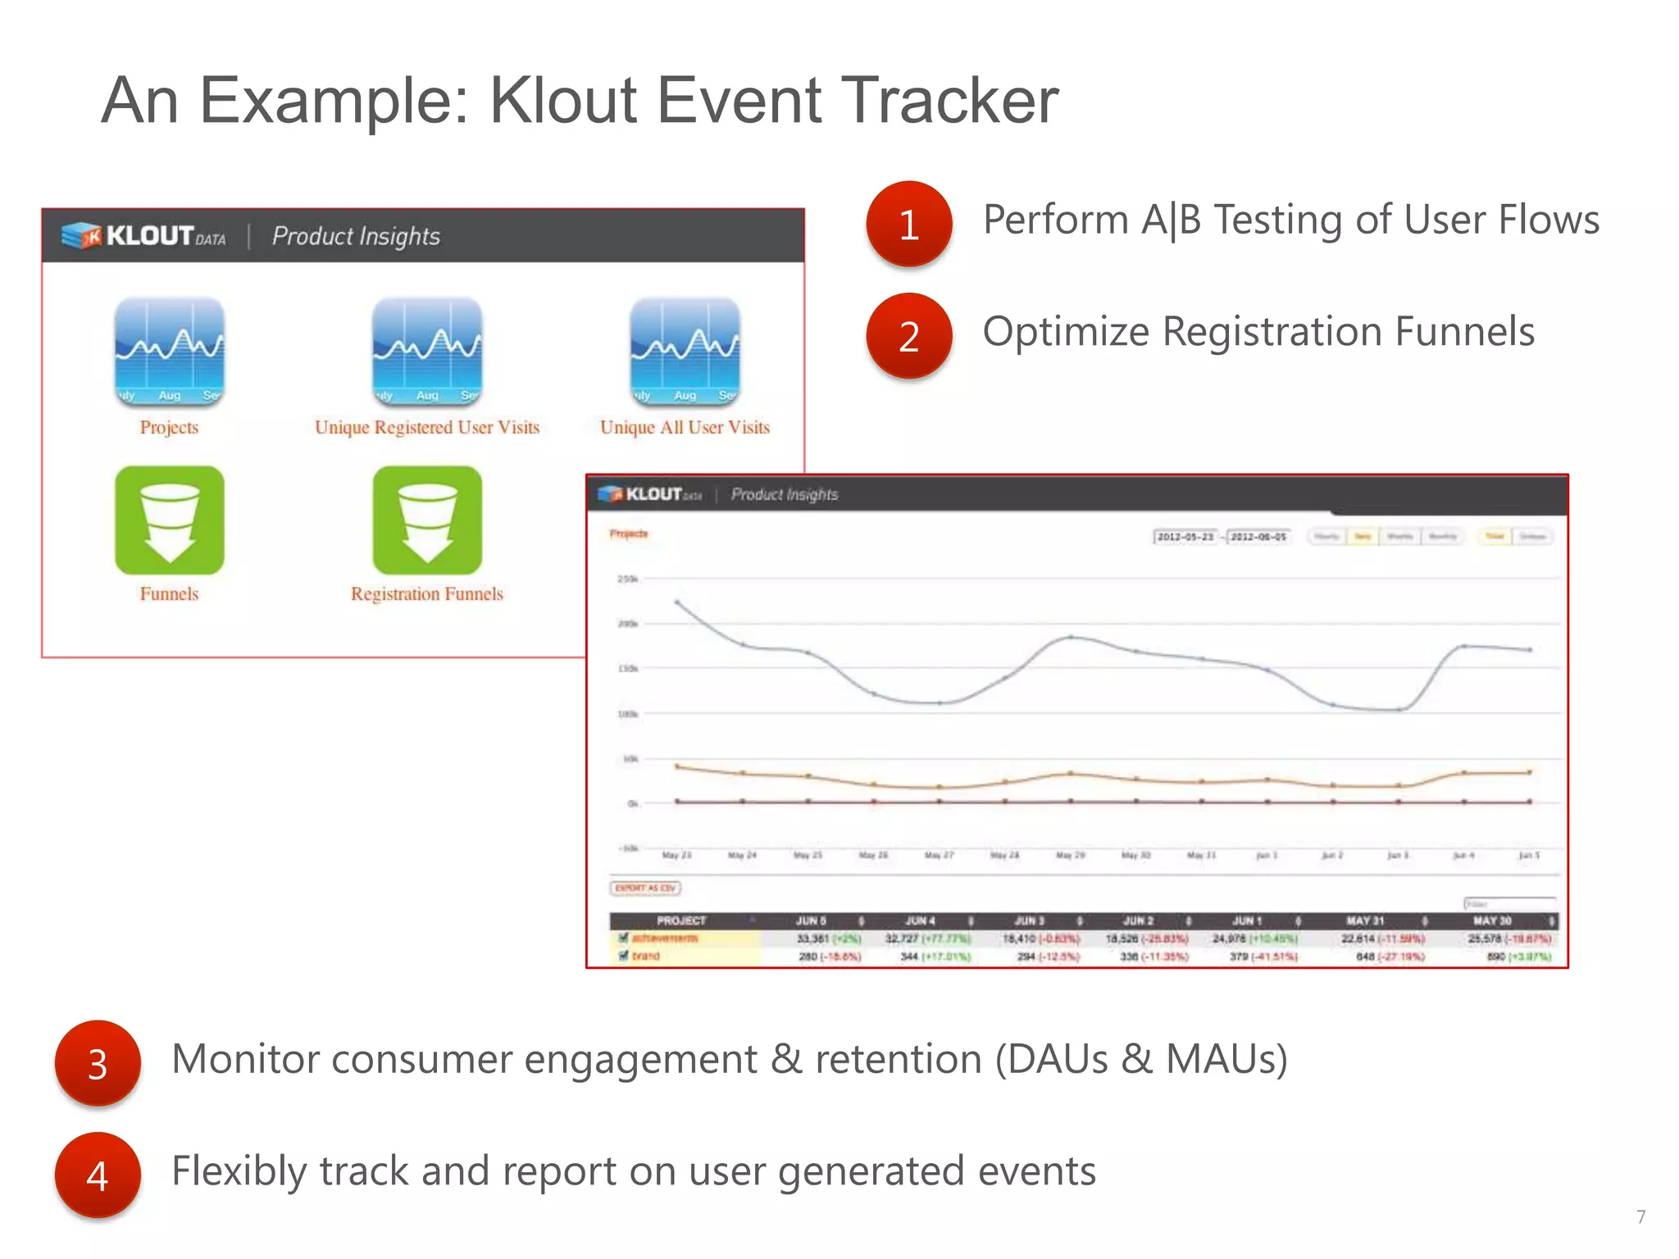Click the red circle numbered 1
click(x=908, y=224)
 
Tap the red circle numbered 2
click(x=908, y=336)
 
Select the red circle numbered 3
click(x=98, y=1063)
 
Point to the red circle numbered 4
click(x=98, y=1175)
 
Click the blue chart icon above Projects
click(x=169, y=352)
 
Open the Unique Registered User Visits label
click(x=427, y=427)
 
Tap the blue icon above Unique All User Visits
click(x=685, y=352)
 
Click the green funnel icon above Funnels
click(x=169, y=520)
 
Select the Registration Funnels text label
click(x=426, y=593)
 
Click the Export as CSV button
click(x=645, y=888)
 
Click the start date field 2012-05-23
click(x=1185, y=537)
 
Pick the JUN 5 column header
click(x=811, y=920)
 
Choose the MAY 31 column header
click(x=1365, y=920)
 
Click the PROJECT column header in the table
click(x=680, y=920)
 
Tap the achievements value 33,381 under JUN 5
click(x=813, y=939)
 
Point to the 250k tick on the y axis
click(x=627, y=579)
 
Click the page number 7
click(x=1640, y=1216)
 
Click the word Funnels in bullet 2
click(x=1464, y=332)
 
